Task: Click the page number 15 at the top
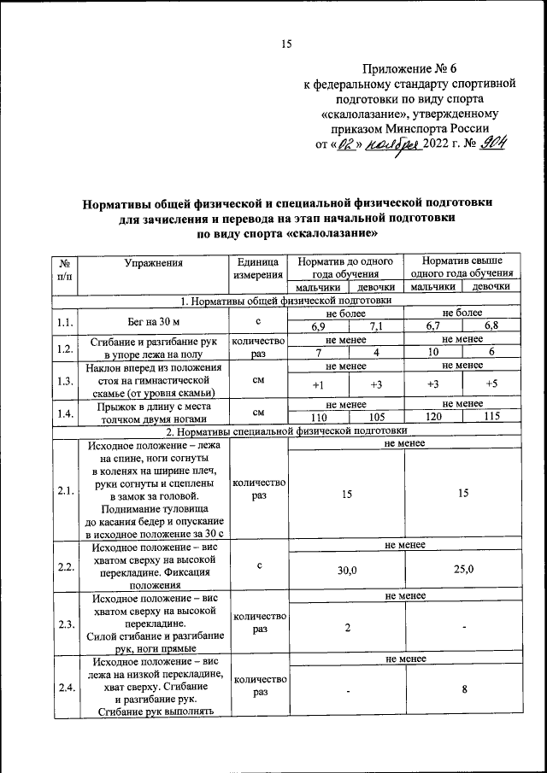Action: (x=287, y=44)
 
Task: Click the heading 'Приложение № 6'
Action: (x=411, y=67)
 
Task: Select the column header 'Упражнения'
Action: (x=154, y=263)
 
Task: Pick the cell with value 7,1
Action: (x=376, y=327)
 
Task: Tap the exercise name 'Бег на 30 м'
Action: (x=154, y=322)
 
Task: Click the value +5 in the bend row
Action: (x=491, y=384)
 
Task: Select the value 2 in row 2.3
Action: (x=347, y=628)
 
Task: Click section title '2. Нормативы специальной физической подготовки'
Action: (x=286, y=431)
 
